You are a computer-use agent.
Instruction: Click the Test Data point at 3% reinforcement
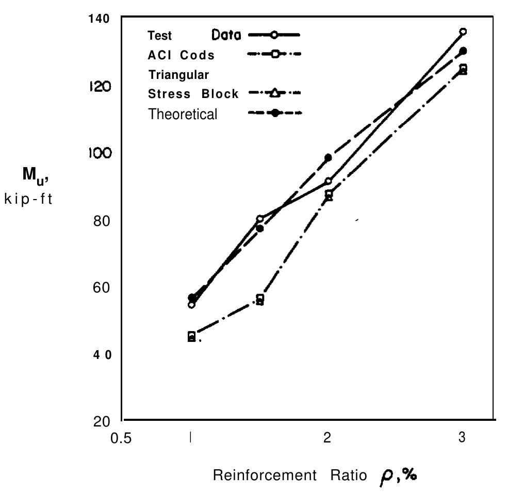(x=463, y=31)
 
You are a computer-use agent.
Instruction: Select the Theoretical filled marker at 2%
(x=328, y=157)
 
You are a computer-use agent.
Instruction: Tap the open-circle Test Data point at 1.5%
(x=260, y=219)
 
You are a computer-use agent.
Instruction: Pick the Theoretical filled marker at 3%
(x=463, y=51)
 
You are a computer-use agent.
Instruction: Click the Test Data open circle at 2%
(x=328, y=181)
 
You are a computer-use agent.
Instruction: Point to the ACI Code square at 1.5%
(x=260, y=298)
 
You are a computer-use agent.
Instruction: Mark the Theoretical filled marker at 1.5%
(x=260, y=228)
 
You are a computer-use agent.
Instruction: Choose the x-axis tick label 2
(x=327, y=438)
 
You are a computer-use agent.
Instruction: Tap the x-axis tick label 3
(x=462, y=437)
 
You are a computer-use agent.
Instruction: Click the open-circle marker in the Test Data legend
(x=274, y=35)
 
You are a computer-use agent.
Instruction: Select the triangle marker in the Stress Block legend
(x=274, y=93)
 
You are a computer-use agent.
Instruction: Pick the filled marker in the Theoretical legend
(x=274, y=113)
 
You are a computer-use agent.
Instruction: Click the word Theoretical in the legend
(x=183, y=114)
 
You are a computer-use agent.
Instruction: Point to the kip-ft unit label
(x=28, y=200)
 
